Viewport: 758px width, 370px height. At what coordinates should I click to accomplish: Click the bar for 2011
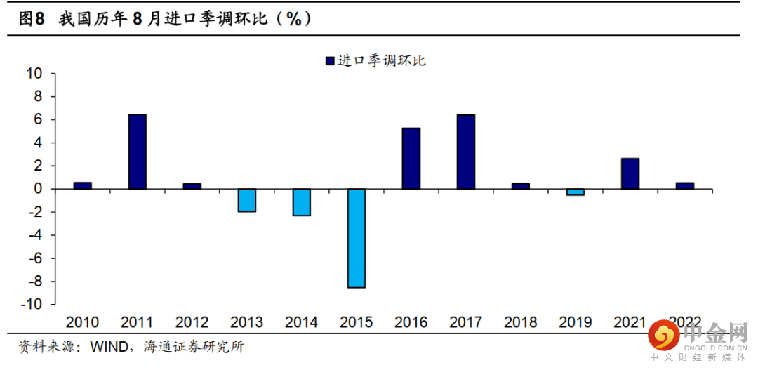[x=137, y=152]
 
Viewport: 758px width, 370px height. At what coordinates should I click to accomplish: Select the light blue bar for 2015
[x=356, y=238]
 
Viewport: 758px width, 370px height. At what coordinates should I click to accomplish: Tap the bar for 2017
[x=465, y=152]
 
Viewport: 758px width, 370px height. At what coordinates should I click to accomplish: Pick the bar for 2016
[x=411, y=159]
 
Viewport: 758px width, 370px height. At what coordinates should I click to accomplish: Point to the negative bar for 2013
[x=246, y=200]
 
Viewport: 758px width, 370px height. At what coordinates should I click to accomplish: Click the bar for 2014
[x=301, y=202]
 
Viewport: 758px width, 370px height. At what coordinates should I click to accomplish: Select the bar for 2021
[x=630, y=173]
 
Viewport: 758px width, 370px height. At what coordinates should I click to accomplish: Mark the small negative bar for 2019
[x=575, y=192]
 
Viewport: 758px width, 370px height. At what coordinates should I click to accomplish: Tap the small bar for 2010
[x=82, y=185]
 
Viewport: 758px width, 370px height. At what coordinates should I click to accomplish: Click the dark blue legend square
[x=330, y=61]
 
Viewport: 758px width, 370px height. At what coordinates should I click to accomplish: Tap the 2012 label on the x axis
[x=192, y=322]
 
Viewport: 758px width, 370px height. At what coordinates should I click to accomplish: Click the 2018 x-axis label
[x=520, y=322]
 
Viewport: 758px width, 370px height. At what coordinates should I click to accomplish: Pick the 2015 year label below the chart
[x=356, y=322]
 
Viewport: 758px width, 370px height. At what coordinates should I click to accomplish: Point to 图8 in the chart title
[x=32, y=20]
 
